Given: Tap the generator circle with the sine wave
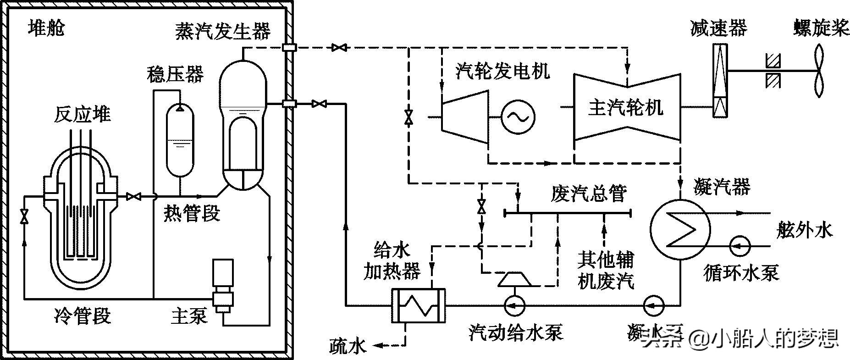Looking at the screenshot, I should tap(518, 117).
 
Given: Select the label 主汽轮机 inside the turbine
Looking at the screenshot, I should tap(626, 108).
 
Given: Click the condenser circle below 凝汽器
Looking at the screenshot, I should tap(680, 229).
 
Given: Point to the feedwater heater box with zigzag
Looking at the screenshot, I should tap(418, 305).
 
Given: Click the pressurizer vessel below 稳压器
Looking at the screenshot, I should tap(180, 140).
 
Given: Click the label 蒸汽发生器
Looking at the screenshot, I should tap(223, 31).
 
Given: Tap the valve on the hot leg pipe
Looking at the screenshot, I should tap(133, 196).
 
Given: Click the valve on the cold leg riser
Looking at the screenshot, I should tap(24, 216).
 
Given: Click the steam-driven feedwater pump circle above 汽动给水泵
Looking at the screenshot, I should tap(515, 305).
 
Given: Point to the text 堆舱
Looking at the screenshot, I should tap(46, 28).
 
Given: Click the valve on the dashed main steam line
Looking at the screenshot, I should tap(339, 47).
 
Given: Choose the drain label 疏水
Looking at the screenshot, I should tap(348, 346).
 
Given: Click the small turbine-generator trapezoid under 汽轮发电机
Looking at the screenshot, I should tap(464, 117).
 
